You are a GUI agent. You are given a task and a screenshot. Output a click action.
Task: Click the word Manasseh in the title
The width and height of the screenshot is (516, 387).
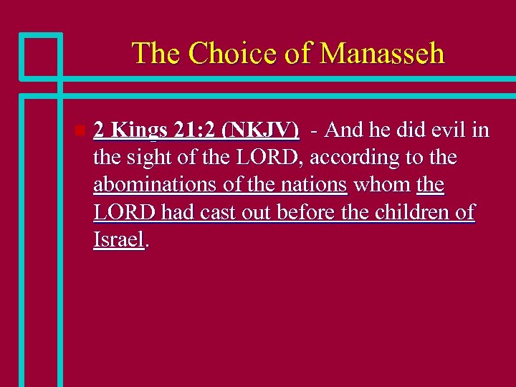click(382, 54)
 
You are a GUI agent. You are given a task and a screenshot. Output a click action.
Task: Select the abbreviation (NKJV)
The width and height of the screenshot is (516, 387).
click(261, 130)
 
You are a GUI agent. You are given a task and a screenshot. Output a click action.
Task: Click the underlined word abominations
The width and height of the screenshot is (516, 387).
click(156, 184)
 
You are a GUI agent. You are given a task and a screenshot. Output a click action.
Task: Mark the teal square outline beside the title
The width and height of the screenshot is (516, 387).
click(41, 56)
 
